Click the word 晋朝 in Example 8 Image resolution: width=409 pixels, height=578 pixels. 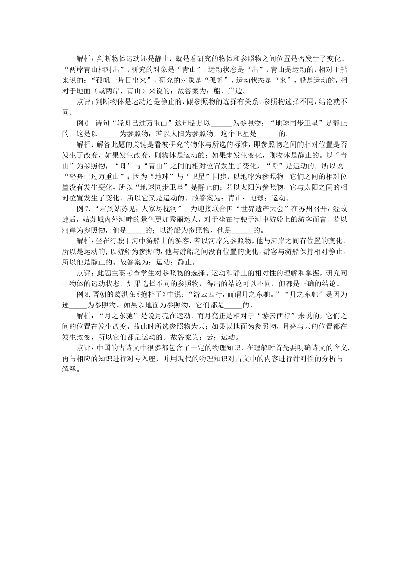coord(100,294)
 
